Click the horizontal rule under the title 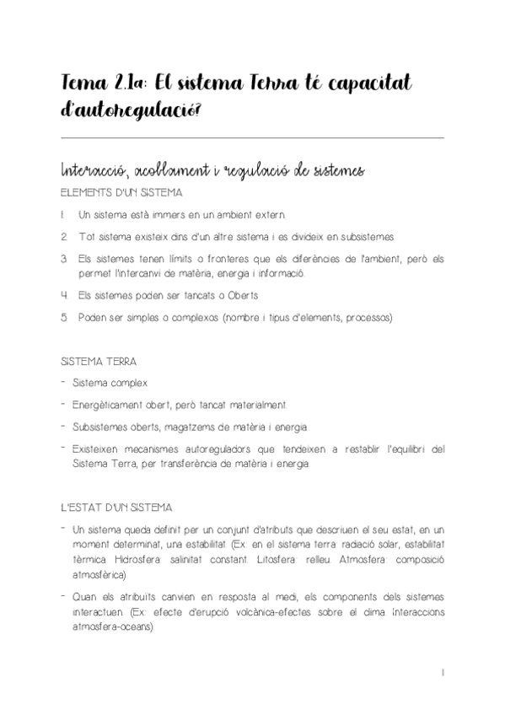[x=252, y=137]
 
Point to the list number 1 [x=63, y=215]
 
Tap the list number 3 [x=63, y=258]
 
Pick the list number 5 [x=63, y=318]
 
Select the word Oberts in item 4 [x=264, y=296]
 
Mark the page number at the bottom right [x=443, y=673]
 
